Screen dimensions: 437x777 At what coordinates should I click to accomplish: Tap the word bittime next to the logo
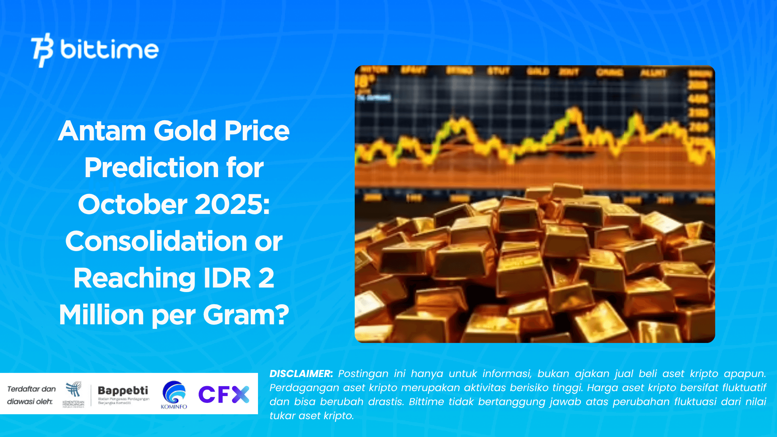pyautogui.click(x=109, y=50)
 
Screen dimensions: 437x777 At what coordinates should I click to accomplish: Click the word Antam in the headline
pyautogui.click(x=102, y=131)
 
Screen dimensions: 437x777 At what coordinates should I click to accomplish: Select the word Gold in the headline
pyautogui.click(x=185, y=131)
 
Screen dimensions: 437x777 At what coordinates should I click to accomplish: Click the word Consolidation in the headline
pyautogui.click(x=156, y=241)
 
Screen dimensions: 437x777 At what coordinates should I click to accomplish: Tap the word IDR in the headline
pyautogui.click(x=227, y=278)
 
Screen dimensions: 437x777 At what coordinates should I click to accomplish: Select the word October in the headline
pyautogui.click(x=132, y=204)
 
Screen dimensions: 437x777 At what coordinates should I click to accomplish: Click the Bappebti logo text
pyautogui.click(x=123, y=390)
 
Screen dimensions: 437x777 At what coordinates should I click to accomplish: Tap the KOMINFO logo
pyautogui.click(x=174, y=395)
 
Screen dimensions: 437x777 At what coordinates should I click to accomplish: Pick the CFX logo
pyautogui.click(x=224, y=394)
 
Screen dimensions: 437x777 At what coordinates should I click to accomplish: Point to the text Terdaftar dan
pyautogui.click(x=31, y=389)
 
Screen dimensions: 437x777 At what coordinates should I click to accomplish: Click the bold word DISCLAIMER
pyautogui.click(x=301, y=374)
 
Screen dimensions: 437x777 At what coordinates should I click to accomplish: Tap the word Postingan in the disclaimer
pyautogui.click(x=363, y=374)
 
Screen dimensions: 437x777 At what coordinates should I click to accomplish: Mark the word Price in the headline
pyautogui.click(x=257, y=131)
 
